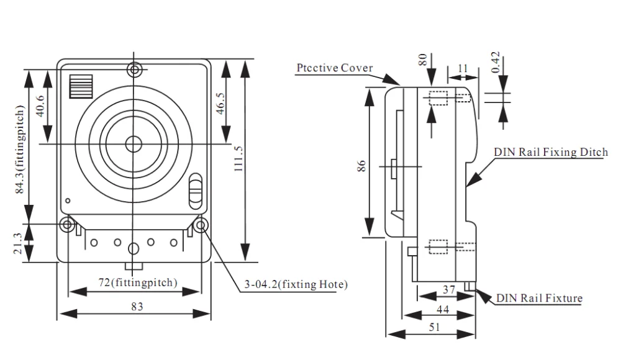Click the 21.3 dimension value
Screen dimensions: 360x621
tap(18, 243)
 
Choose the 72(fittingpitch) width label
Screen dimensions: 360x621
tap(138, 282)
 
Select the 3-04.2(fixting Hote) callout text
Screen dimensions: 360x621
tap(295, 285)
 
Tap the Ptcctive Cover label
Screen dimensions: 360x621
tap(334, 68)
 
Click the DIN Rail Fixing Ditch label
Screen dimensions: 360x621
tap(550, 152)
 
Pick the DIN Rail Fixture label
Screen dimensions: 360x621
tap(539, 298)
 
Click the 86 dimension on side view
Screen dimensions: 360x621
tap(363, 165)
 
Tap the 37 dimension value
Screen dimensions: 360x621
tap(450, 290)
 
